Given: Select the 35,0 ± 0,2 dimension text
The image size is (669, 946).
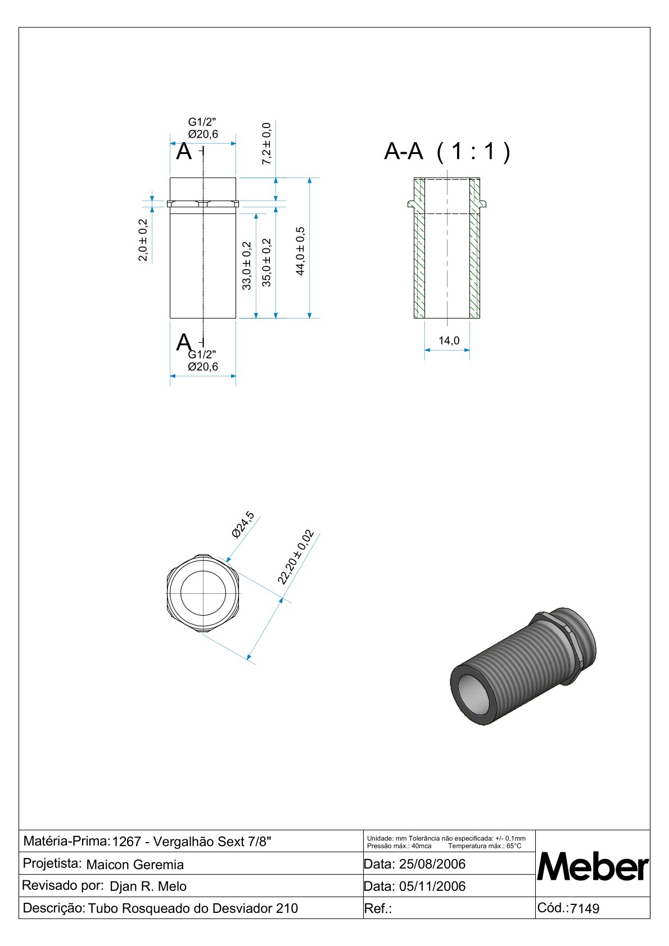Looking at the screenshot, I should pyautogui.click(x=266, y=262).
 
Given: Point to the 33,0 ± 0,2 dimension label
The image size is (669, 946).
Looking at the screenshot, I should pyautogui.click(x=247, y=266).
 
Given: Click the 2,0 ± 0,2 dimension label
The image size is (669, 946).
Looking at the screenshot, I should pyautogui.click(x=143, y=240).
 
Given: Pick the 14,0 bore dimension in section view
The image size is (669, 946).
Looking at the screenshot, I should pyautogui.click(x=449, y=341).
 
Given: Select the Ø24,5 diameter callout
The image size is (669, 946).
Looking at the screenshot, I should pyautogui.click(x=243, y=525).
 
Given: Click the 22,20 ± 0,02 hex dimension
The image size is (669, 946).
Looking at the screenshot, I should pyautogui.click(x=296, y=557).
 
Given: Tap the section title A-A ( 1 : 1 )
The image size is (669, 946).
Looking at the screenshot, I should pyautogui.click(x=447, y=152).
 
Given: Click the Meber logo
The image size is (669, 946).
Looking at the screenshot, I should pyautogui.click(x=593, y=867).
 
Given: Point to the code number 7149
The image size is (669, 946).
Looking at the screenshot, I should pyautogui.click(x=585, y=909).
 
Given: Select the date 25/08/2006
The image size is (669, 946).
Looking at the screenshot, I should pyautogui.click(x=432, y=864).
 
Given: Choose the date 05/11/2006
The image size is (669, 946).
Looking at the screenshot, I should pyautogui.click(x=432, y=886).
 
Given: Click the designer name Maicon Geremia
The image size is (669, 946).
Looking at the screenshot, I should pyautogui.click(x=135, y=865).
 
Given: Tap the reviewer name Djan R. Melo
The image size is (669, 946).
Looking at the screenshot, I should pyautogui.click(x=148, y=886).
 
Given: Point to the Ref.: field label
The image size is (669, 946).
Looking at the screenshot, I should pyautogui.click(x=378, y=909).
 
